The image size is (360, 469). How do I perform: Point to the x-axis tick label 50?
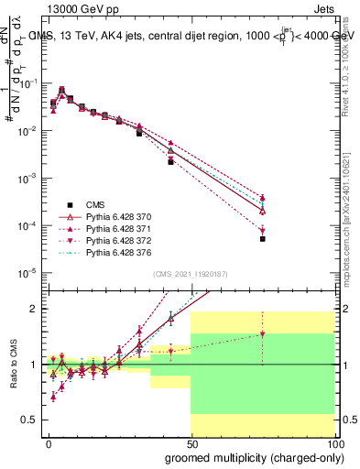pyautogui.click(x=191, y=444)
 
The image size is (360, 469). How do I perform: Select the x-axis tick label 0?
pyautogui.click(x=49, y=444)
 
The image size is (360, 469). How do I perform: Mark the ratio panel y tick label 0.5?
pyautogui.click(x=30, y=420)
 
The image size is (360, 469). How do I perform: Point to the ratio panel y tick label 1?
pyautogui.click(x=34, y=365)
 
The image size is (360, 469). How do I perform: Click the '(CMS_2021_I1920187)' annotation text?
pyautogui.click(x=191, y=274)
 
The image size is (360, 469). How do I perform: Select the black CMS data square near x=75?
pyautogui.click(x=262, y=238)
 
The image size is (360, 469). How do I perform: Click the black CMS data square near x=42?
pyautogui.click(x=170, y=161)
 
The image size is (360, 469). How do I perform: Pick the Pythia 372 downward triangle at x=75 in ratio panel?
pyautogui.click(x=262, y=334)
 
